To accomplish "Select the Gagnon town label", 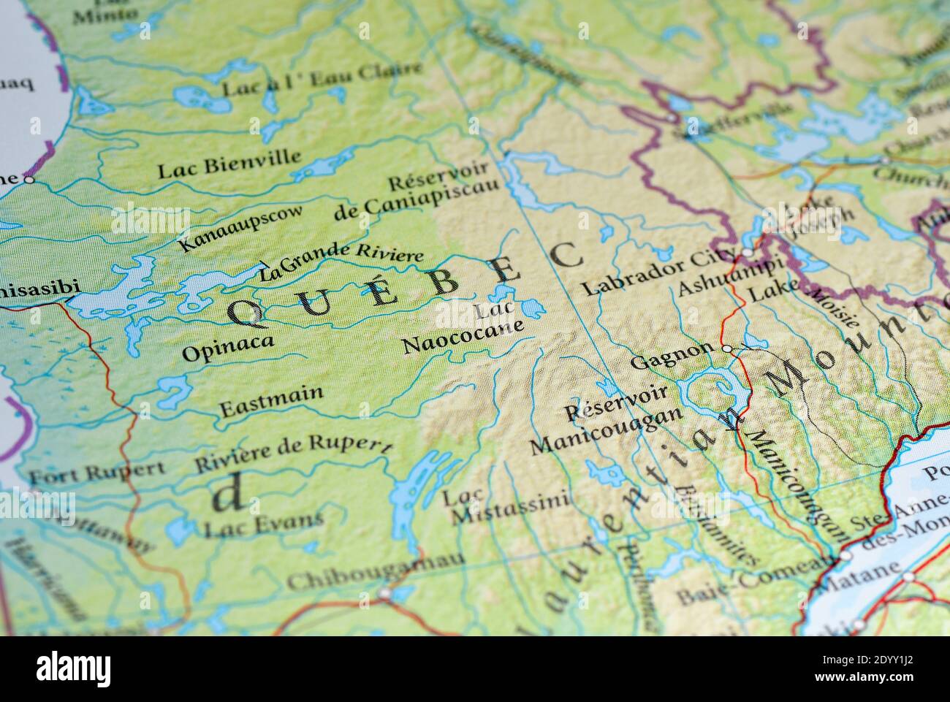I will (671, 355).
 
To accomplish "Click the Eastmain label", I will (271, 398).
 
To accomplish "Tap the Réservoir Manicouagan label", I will (606, 419).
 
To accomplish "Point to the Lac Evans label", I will (263, 523).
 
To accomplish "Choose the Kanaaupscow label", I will (240, 227).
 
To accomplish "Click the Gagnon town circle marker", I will (726, 349).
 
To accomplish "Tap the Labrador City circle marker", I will (747, 253).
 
